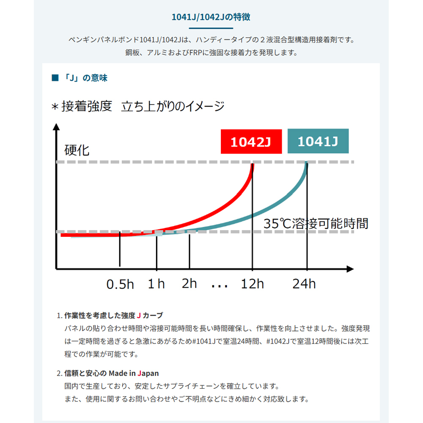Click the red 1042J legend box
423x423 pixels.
tap(251, 141)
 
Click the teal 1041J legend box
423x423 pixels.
tap(318, 141)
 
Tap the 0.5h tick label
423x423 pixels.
tap(120, 284)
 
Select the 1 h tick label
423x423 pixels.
tap(156, 283)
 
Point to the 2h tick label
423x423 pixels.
tap(189, 283)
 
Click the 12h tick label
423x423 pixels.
tap(252, 283)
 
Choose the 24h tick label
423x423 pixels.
tap(304, 283)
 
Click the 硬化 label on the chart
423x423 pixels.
tap(77, 150)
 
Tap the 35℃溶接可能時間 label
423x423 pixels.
tap(316, 223)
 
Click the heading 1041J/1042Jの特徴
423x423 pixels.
tap(211, 17)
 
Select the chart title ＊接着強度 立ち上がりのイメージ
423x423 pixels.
tap(137, 107)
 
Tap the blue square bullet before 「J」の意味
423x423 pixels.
tap(55, 78)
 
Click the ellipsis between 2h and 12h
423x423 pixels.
tap(220, 286)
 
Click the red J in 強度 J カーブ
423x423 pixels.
tap(139, 316)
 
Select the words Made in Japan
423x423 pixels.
tap(134, 373)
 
